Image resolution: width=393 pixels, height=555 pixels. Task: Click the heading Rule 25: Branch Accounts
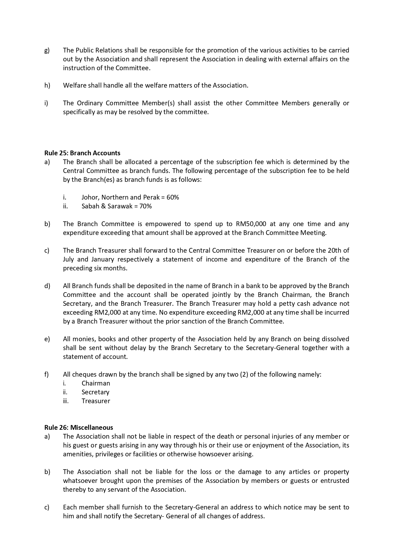[82, 153]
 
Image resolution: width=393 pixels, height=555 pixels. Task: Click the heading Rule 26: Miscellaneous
[79, 428]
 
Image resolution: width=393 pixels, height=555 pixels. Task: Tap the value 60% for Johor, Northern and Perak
[173, 197]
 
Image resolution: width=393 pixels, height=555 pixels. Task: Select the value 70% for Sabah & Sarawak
[145, 206]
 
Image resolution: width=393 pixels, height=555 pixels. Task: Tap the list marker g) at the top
[47, 51]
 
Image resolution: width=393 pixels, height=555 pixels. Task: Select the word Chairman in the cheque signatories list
[96, 383]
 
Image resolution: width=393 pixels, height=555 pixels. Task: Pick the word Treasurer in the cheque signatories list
[96, 401]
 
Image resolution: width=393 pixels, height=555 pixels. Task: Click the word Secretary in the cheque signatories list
[95, 392]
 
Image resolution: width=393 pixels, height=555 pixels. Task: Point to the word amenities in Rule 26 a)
[77, 454]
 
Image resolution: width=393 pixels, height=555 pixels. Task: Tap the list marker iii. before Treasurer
[65, 401]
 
